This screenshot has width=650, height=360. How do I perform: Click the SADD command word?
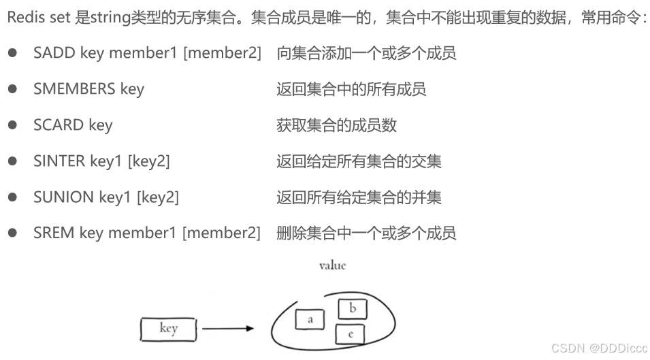coord(54,53)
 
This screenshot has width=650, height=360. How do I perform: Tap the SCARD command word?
coord(59,125)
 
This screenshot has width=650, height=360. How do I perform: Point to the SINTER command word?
coord(59,161)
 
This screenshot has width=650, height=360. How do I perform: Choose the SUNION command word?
coord(63,197)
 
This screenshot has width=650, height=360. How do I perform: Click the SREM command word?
coord(54,233)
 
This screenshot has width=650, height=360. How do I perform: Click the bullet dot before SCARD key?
coord(12,125)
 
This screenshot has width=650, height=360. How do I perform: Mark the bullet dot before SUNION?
coord(12,197)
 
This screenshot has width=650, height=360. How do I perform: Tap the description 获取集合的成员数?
coord(336,125)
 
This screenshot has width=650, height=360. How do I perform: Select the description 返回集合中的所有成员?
coord(351,89)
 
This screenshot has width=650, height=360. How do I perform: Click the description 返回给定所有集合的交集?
coord(359,161)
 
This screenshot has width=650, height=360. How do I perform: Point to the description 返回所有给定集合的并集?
coord(359,197)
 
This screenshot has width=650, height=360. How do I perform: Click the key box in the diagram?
coord(168,329)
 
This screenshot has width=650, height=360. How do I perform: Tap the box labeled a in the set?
coord(310,319)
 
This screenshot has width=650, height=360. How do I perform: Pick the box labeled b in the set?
coord(353,309)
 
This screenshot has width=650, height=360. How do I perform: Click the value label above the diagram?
coord(332,265)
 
